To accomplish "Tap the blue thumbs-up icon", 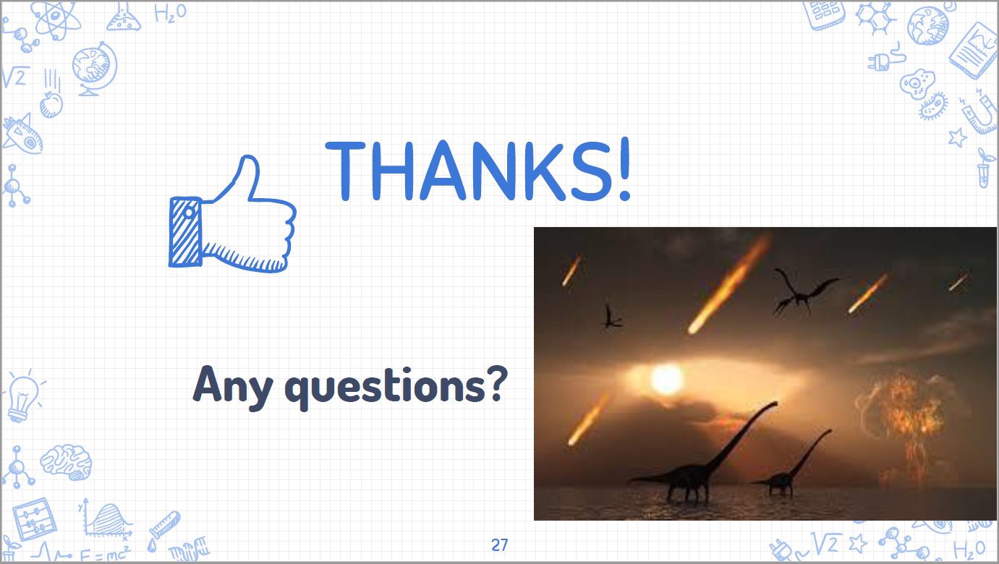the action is [232, 214].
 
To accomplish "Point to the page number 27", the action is [499, 544].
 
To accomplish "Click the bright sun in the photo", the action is [667, 379].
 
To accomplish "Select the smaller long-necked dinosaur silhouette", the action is [791, 463].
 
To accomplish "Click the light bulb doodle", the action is [23, 397].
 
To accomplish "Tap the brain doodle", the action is [66, 462].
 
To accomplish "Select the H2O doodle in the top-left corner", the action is [170, 13].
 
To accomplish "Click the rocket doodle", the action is [22, 134].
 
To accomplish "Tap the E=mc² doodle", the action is [105, 554].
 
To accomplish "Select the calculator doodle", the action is [824, 14].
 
